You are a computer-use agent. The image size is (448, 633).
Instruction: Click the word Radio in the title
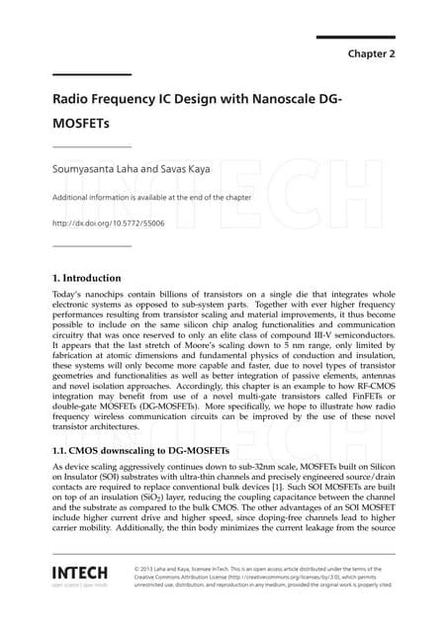coord(77,101)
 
